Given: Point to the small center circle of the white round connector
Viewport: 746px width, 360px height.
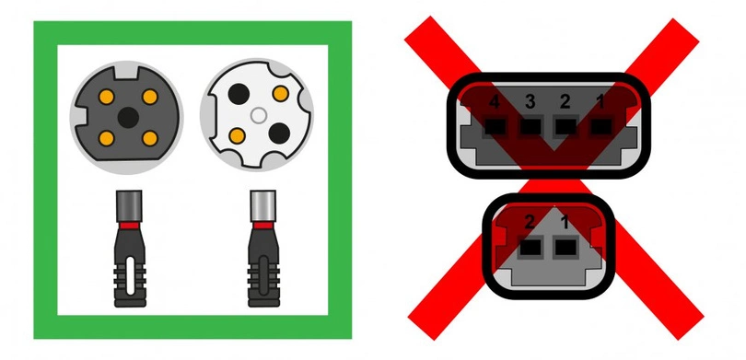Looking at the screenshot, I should pos(259,115).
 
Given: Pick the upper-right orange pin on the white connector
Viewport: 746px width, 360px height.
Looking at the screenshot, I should pos(281,94).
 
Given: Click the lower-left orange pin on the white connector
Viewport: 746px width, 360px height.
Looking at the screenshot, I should pos(238,138).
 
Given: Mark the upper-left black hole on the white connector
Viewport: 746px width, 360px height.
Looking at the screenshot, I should pos(238,94).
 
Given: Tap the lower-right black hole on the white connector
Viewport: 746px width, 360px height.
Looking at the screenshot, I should pos(281,138).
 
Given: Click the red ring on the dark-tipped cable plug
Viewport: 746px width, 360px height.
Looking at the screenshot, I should pos(128,224).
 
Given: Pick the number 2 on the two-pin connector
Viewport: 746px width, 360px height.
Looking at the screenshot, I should pos(529,223).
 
